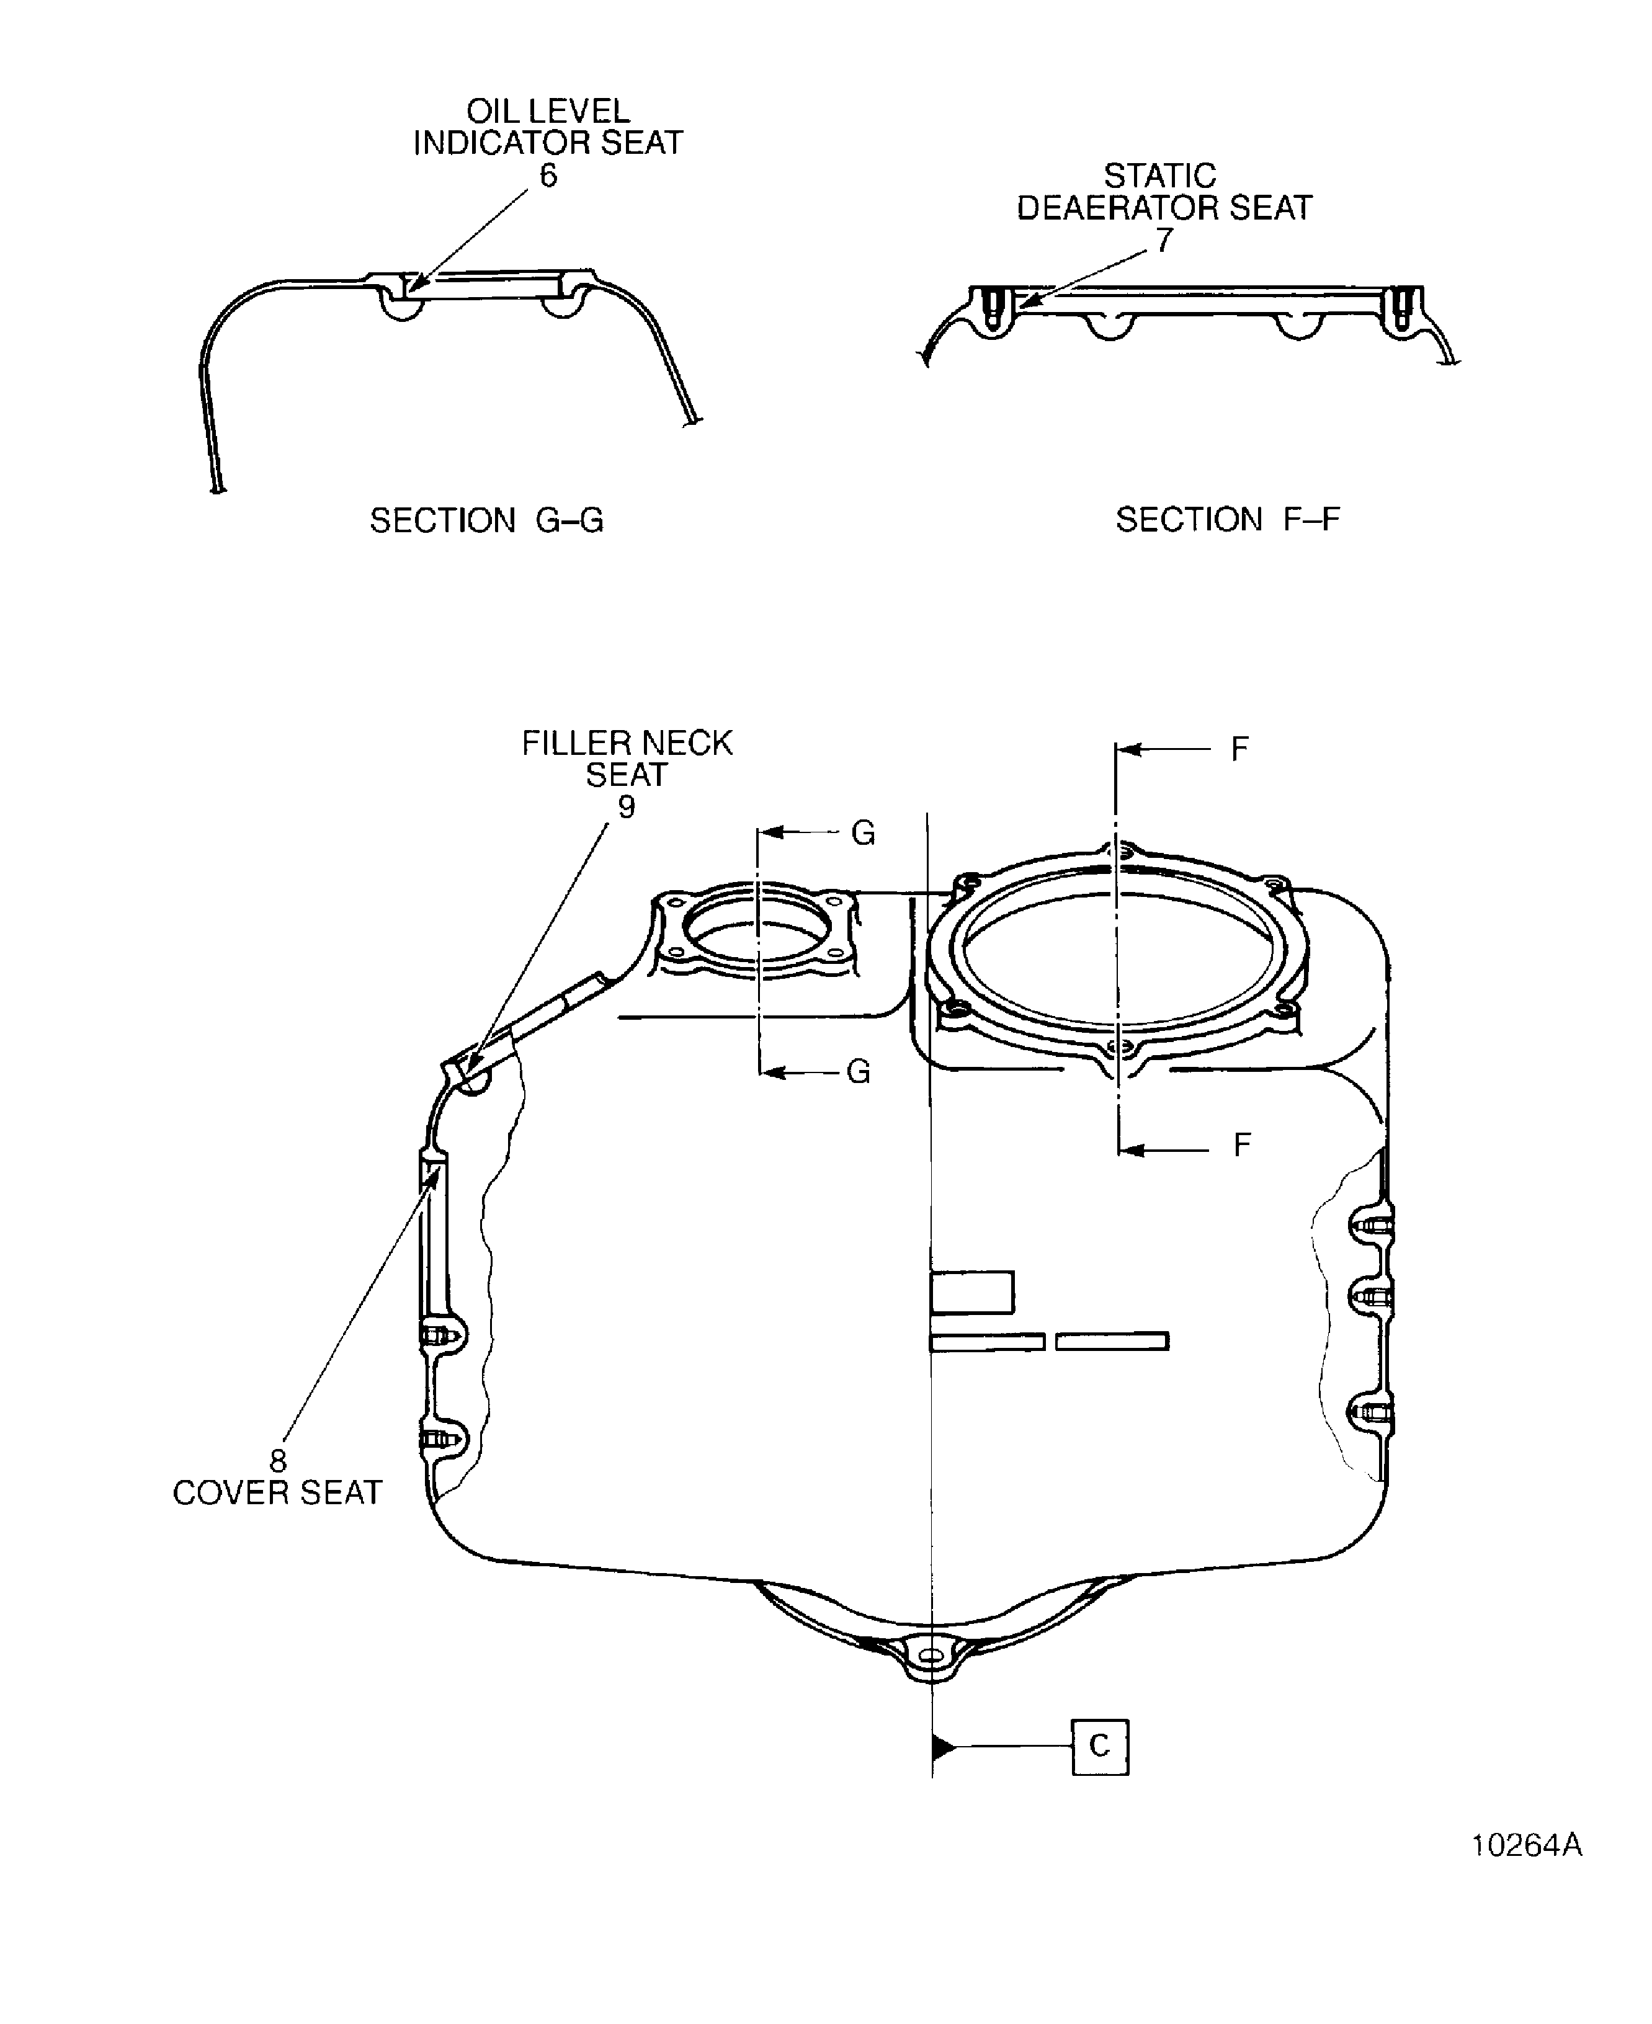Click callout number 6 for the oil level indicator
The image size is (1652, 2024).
tap(548, 176)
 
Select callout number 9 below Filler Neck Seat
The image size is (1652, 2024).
tap(626, 807)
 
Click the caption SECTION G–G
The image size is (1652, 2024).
tap(486, 520)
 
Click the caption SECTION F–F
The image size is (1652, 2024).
tap(1228, 520)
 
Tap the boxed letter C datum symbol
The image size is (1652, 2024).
tap(1100, 1746)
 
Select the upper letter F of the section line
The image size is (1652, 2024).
tap(1239, 750)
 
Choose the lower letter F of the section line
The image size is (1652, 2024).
tap(1241, 1145)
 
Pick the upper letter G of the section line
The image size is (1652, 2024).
tap(863, 834)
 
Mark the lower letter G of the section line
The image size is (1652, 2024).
tap(859, 1072)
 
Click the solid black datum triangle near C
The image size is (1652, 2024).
tap(943, 1747)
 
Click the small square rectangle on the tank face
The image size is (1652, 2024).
tap(971, 1292)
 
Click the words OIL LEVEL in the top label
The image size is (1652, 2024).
tap(548, 111)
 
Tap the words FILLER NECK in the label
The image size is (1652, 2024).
tap(627, 743)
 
